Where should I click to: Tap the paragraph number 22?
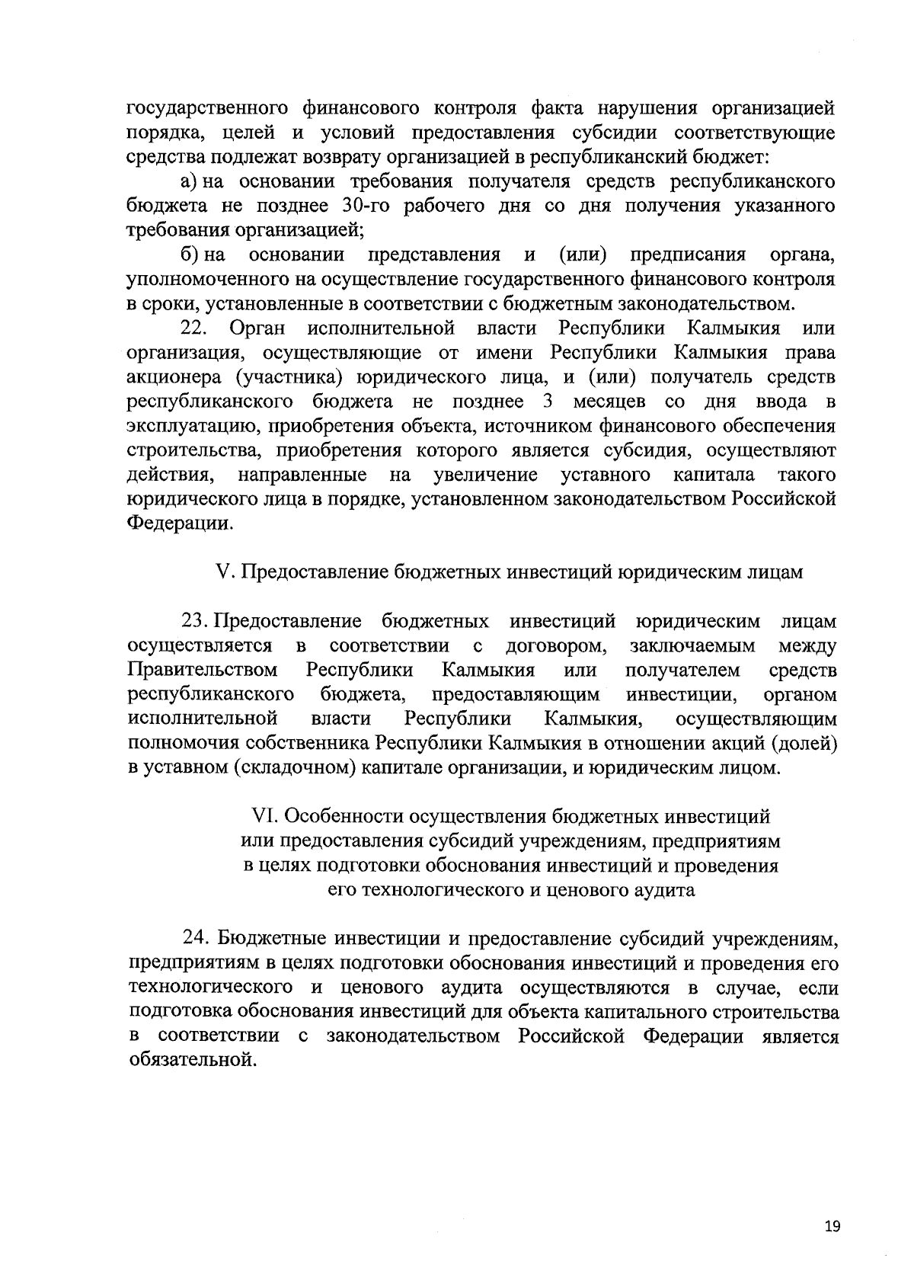click(x=193, y=328)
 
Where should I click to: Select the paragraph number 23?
click(x=196, y=622)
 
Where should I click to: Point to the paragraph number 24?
click(x=197, y=936)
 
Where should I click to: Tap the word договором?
click(x=556, y=646)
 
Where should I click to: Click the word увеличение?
click(x=485, y=475)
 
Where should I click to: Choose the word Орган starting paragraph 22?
click(x=257, y=328)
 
